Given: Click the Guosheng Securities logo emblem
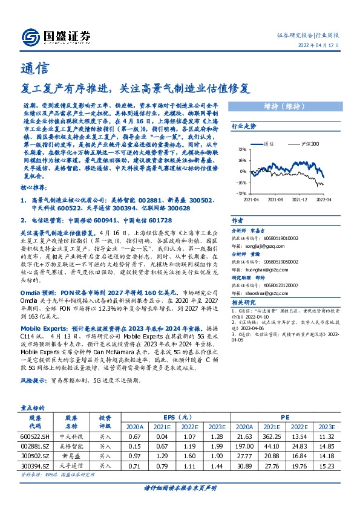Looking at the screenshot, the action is tap(30, 37).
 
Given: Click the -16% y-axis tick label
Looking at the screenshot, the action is tap(241, 182).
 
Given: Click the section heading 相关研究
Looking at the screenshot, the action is tap(243, 302).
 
